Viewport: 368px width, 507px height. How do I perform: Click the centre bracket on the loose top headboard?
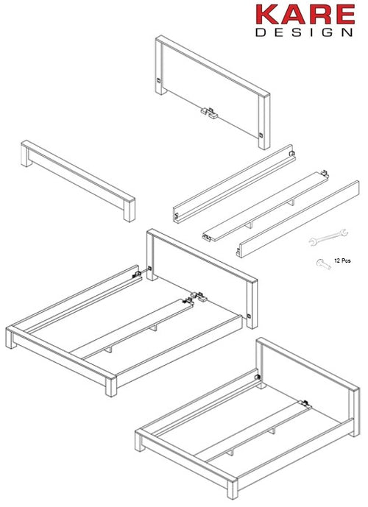tap(208, 112)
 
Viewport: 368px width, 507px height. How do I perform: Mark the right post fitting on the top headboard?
tap(263, 135)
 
